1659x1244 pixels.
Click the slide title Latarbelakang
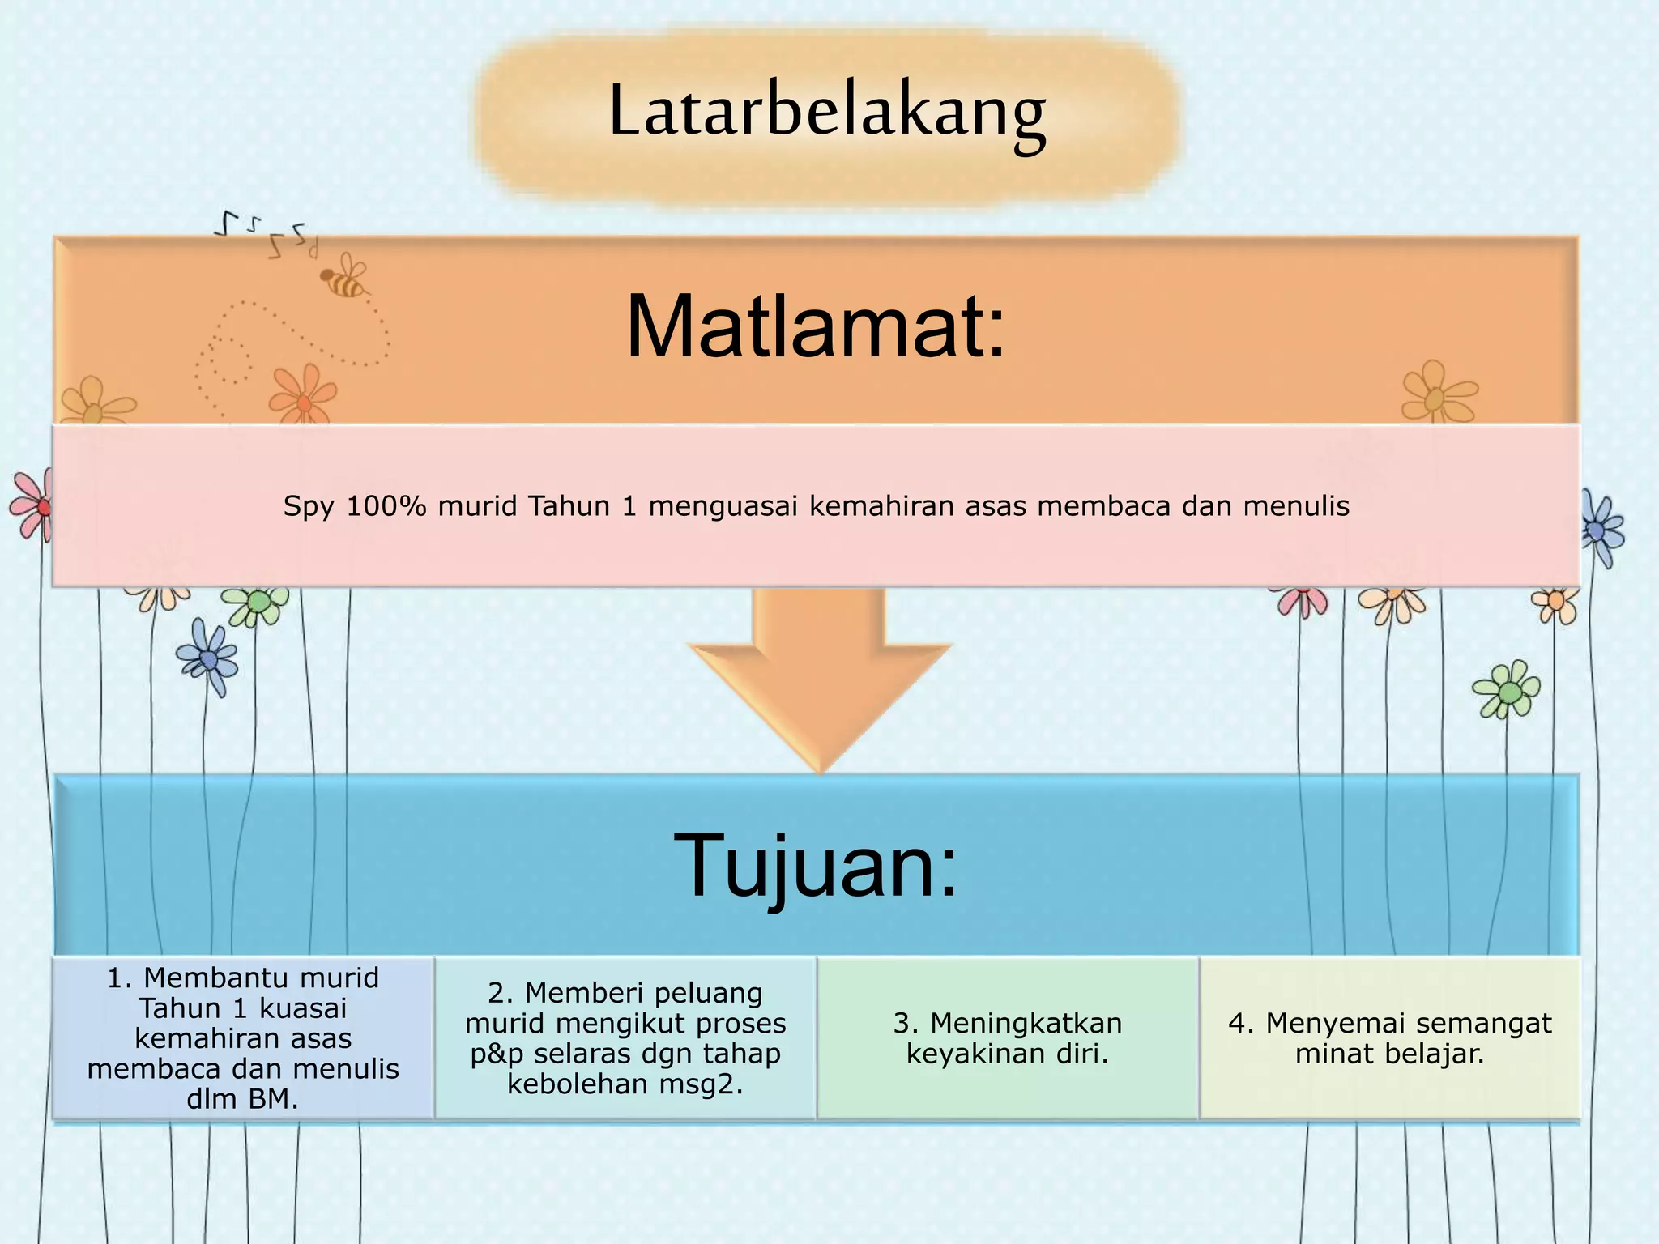pyautogui.click(x=827, y=112)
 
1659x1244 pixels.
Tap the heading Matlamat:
pyautogui.click(x=816, y=326)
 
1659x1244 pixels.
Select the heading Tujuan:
pyautogui.click(x=816, y=864)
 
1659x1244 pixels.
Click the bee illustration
pyautogui.click(x=345, y=278)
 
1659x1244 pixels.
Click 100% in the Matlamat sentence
pyautogui.click(x=386, y=506)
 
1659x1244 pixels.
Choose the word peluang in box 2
pyautogui.click(x=710, y=993)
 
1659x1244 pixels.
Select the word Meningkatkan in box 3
pyautogui.click(x=1026, y=1023)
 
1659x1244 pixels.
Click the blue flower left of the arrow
pyautogui.click(x=208, y=658)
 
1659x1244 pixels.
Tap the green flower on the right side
pyautogui.click(x=1508, y=691)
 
